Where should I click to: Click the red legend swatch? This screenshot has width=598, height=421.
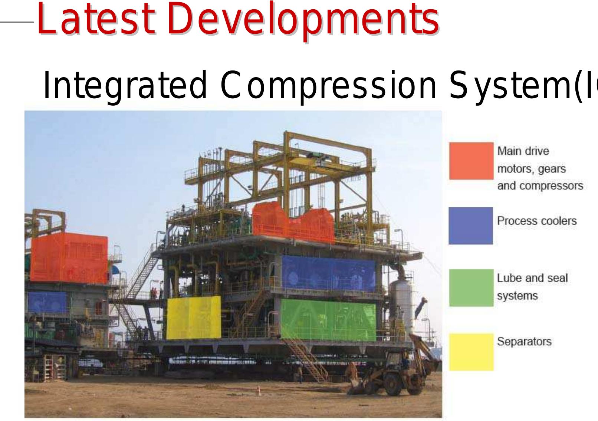point(471,161)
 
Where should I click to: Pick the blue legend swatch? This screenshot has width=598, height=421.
point(471,226)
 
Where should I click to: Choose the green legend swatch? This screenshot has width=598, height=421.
point(471,288)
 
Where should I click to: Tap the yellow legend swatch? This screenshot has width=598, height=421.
point(471,352)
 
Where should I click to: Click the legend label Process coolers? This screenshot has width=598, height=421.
point(537,221)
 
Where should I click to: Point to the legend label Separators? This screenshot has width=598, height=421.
point(524,342)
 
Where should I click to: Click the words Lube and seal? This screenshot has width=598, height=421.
point(532,278)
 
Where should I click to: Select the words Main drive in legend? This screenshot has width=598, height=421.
point(523,151)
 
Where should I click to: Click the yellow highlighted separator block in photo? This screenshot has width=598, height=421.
point(193,318)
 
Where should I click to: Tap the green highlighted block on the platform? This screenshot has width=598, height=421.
point(328,320)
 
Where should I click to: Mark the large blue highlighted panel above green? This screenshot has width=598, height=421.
point(329,273)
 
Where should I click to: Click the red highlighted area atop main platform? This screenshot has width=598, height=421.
point(293,223)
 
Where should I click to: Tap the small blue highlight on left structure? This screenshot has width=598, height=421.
point(47,302)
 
